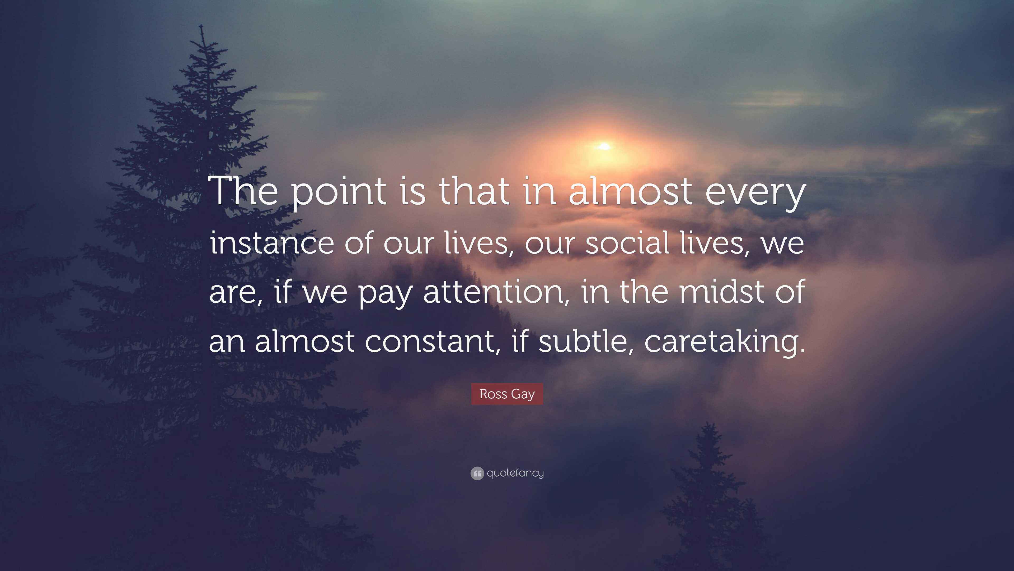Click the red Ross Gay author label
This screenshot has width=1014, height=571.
click(507, 394)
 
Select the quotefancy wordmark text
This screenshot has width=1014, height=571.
click(515, 473)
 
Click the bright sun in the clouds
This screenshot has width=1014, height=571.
click(604, 147)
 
